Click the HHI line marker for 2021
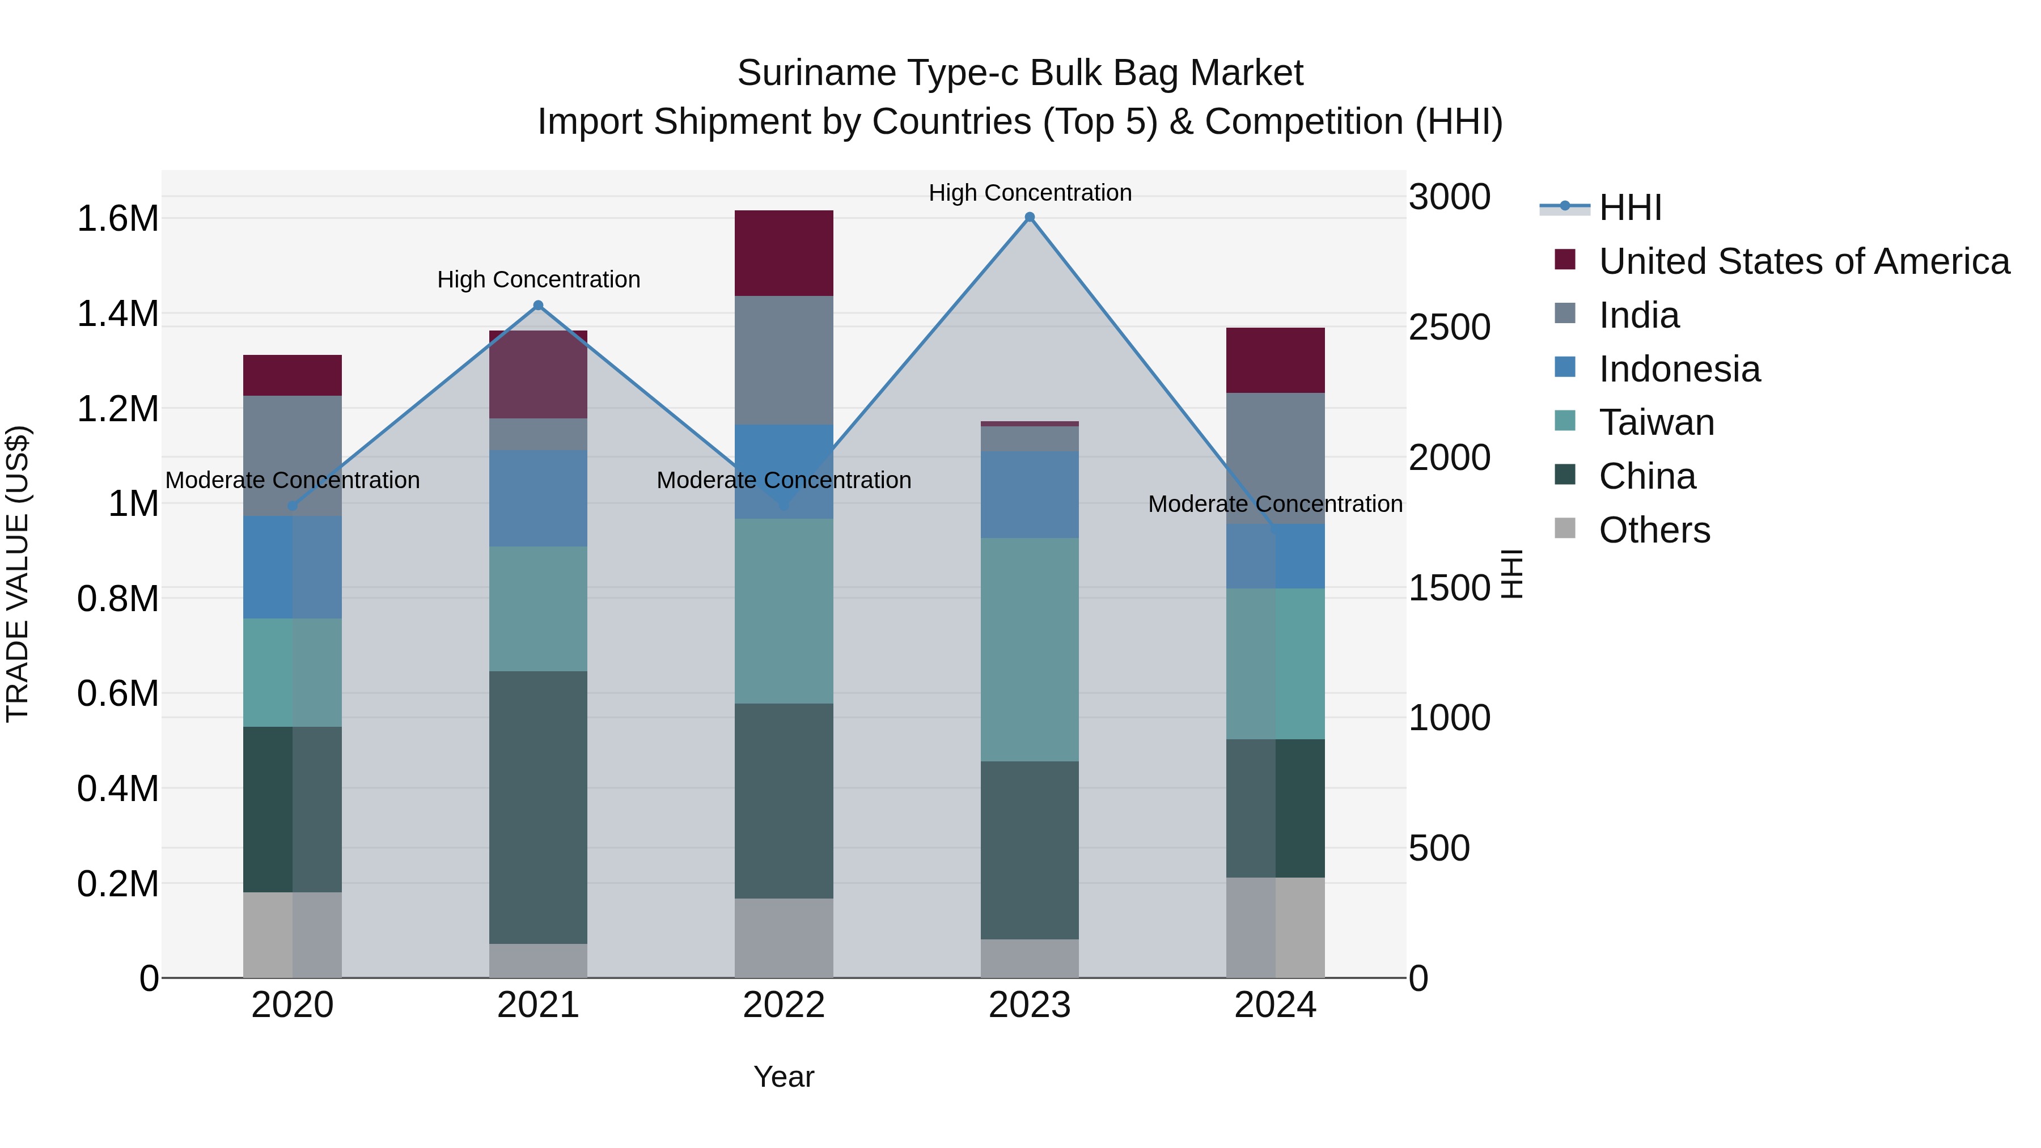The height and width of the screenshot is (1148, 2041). pos(538,306)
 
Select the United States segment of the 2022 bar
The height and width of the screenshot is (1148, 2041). pos(784,253)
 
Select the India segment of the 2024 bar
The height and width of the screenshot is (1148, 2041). pos(1275,458)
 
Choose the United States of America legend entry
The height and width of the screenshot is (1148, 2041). pos(1803,261)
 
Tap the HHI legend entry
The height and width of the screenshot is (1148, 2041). pos(1630,207)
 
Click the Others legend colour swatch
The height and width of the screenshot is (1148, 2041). pos(1565,528)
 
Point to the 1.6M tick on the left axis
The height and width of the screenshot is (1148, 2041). pos(117,219)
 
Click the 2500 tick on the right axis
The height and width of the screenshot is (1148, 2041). pos(1449,327)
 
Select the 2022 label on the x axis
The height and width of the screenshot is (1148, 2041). pos(784,1005)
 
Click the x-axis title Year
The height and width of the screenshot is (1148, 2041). pos(784,1077)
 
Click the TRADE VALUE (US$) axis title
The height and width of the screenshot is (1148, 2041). pos(18,574)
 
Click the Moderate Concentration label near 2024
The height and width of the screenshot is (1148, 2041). pos(1275,504)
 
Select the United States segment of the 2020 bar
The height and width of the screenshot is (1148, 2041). pos(293,375)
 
